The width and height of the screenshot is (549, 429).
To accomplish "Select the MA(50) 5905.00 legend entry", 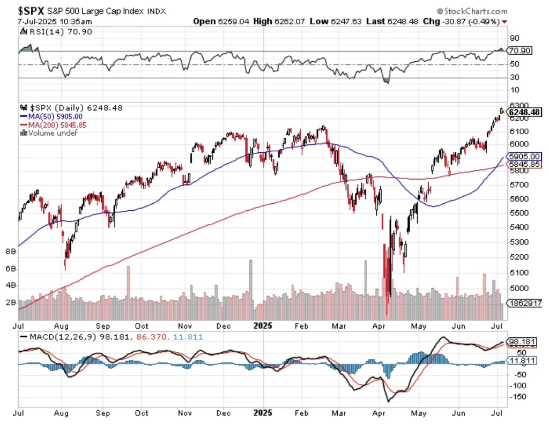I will coord(51,116).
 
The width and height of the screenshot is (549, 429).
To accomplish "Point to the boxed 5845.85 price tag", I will coord(525,165).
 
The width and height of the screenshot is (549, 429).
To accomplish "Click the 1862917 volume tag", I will coord(525,303).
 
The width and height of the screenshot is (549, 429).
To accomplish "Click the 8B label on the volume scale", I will coord(10,251).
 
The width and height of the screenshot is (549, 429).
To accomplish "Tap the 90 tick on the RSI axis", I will coord(514,38).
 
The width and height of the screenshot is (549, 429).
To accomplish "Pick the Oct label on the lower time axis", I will coord(142,413).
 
